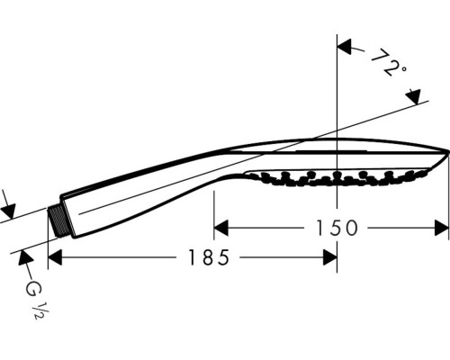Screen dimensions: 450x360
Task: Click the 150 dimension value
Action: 337,228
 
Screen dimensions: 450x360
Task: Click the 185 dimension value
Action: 209,257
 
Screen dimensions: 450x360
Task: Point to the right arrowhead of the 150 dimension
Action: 442,228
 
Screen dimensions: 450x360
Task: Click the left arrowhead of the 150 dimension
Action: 220,228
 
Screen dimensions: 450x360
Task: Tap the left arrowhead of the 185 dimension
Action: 55,257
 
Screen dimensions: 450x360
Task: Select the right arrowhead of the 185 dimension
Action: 329,257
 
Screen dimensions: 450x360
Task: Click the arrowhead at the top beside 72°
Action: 344,47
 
